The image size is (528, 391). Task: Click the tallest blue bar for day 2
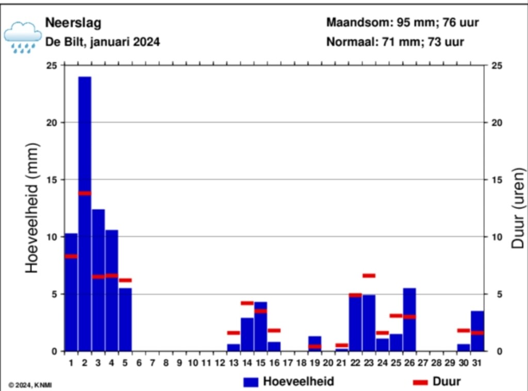pyautogui.click(x=85, y=214)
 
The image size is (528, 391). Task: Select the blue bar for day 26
pyautogui.click(x=409, y=320)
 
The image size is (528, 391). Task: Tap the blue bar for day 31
pyautogui.click(x=477, y=331)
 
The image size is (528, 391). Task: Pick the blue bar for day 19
pyautogui.click(x=315, y=344)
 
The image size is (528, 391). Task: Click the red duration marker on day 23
pyautogui.click(x=369, y=276)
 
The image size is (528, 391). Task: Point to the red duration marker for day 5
pyautogui.click(x=125, y=280)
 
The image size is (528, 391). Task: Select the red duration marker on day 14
pyautogui.click(x=247, y=303)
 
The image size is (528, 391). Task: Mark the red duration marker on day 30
pyautogui.click(x=464, y=330)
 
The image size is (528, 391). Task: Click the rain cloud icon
pyautogui.click(x=23, y=38)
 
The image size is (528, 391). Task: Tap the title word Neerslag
pyautogui.click(x=73, y=23)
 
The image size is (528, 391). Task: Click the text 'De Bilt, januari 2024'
pyautogui.click(x=103, y=42)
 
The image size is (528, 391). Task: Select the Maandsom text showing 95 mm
pyautogui.click(x=402, y=23)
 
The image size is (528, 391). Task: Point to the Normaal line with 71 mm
pyautogui.click(x=395, y=42)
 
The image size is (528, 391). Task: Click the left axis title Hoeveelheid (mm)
pyautogui.click(x=32, y=208)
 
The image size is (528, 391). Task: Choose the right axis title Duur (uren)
pyautogui.click(x=518, y=208)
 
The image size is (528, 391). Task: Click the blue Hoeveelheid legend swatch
pyautogui.click(x=251, y=382)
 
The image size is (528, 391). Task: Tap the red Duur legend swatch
pyautogui.click(x=420, y=382)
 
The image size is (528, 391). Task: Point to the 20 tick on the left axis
pyautogui.click(x=52, y=123)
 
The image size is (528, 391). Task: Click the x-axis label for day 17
pyautogui.click(x=288, y=363)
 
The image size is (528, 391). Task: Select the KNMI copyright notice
pyautogui.click(x=30, y=385)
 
